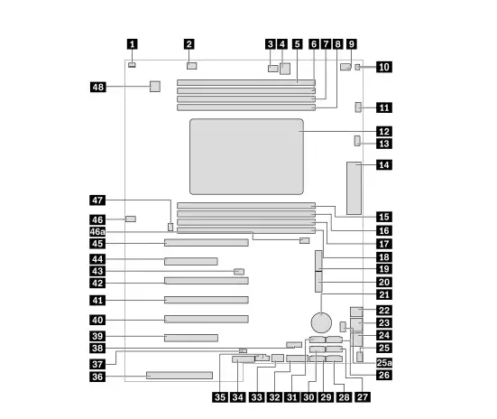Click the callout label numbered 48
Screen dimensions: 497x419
click(98, 87)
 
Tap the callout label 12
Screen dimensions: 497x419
click(384, 131)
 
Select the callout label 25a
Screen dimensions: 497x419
click(384, 362)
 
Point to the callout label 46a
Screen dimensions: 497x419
click(97, 232)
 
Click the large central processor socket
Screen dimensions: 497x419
click(246, 156)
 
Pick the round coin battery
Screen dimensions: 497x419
click(321, 322)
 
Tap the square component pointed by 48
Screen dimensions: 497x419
click(155, 87)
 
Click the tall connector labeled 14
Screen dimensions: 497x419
click(354, 188)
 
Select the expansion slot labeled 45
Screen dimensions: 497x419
click(207, 243)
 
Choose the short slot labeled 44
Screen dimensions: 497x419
click(191, 261)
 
